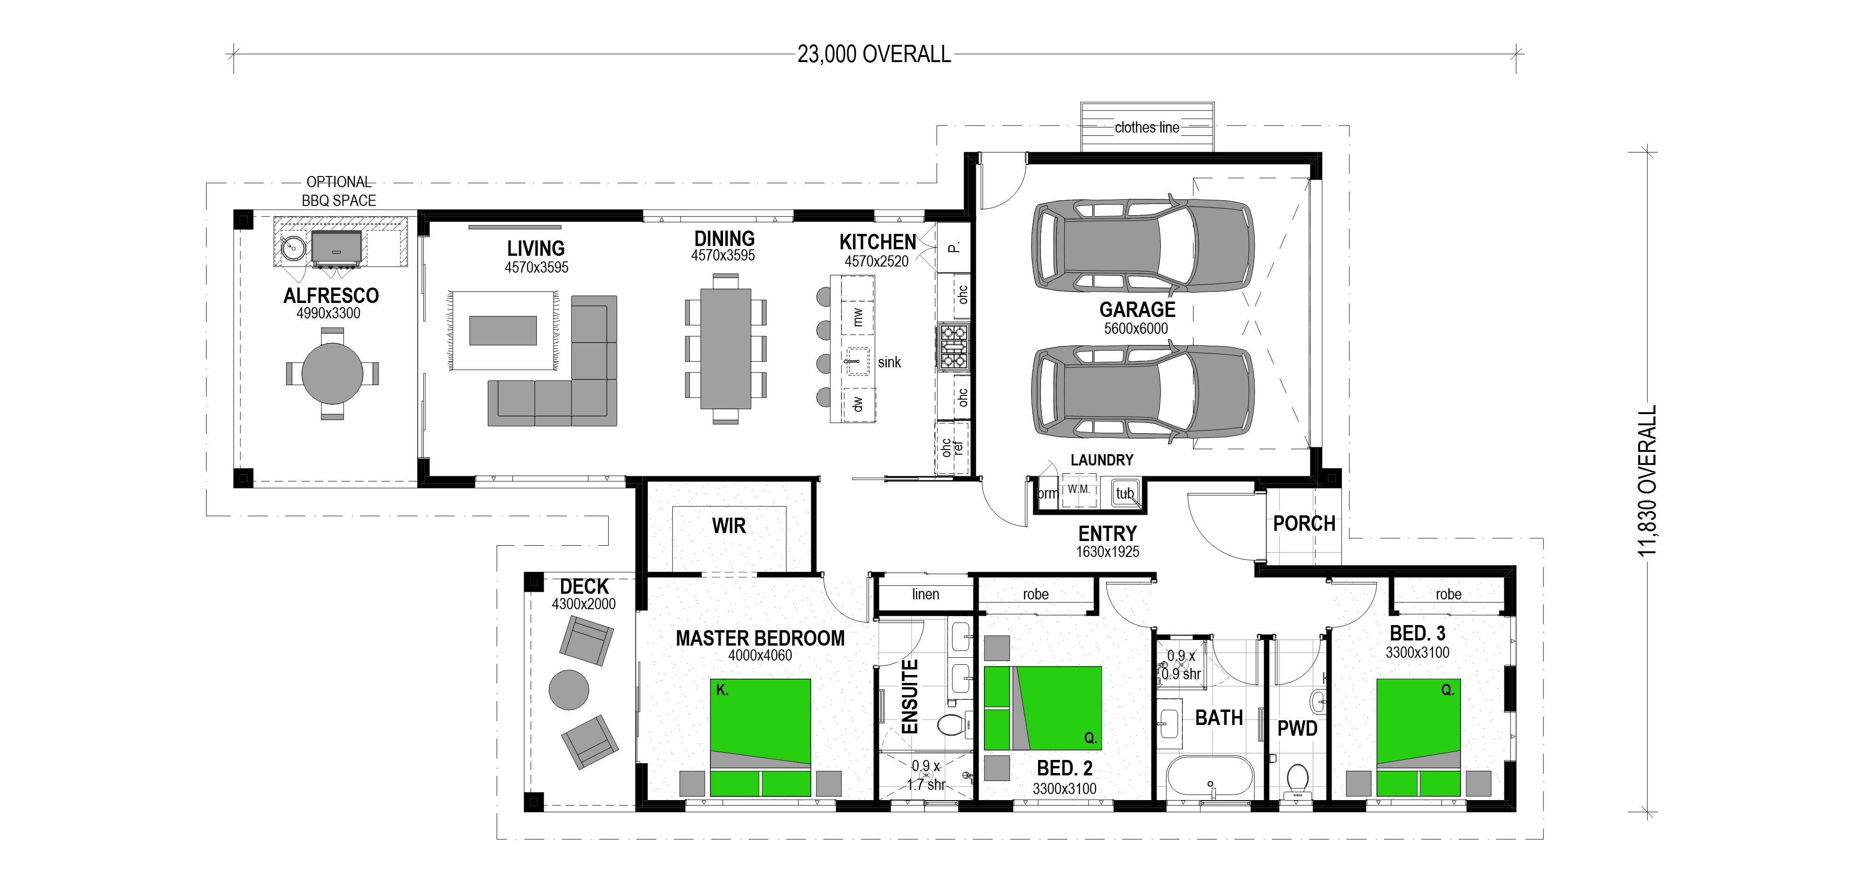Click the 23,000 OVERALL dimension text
(874, 54)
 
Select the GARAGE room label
(1137, 309)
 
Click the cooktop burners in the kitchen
(954, 347)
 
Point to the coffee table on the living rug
(503, 331)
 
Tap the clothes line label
(1147, 127)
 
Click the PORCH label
(1304, 523)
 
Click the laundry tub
(1125, 493)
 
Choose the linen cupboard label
(926, 594)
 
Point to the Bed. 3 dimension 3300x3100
(1417, 652)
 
